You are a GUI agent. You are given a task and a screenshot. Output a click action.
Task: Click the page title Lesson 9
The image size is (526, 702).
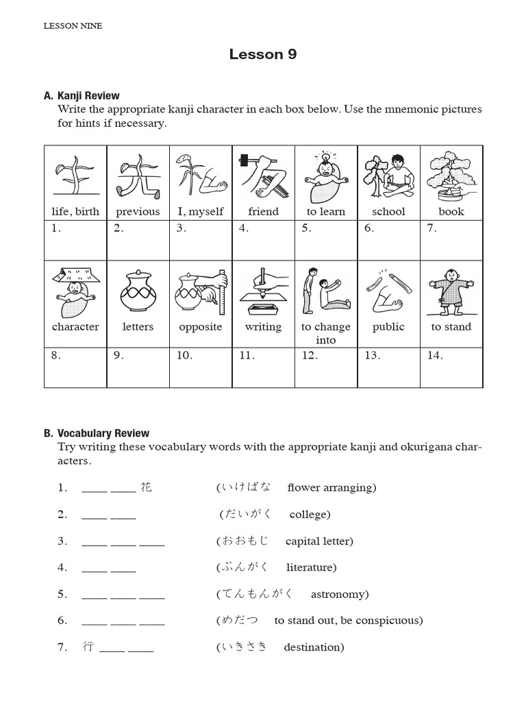coord(263,55)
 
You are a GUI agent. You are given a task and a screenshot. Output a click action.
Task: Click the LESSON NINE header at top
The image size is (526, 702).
coord(73,26)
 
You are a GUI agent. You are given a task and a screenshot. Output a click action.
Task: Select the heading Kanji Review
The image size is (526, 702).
coord(88,96)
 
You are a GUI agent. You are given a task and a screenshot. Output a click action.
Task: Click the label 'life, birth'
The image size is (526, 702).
coord(75,212)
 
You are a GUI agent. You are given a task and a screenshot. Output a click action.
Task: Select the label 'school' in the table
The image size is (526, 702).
coord(388,212)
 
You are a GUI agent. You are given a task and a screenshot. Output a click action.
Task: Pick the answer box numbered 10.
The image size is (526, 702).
coord(201,368)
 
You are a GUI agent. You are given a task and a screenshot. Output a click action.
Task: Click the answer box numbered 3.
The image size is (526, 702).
coord(201,241)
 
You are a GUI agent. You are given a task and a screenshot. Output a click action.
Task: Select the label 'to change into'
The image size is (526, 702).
coord(326,333)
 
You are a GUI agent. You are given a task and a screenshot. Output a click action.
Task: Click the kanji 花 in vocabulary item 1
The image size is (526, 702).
coord(146,487)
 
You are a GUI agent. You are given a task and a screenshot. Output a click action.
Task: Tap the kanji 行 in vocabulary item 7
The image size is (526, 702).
coord(88,647)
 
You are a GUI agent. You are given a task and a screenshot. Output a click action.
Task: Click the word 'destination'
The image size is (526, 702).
coord(313,647)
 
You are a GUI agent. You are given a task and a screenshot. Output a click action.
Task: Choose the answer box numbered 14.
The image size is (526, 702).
coord(451,368)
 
